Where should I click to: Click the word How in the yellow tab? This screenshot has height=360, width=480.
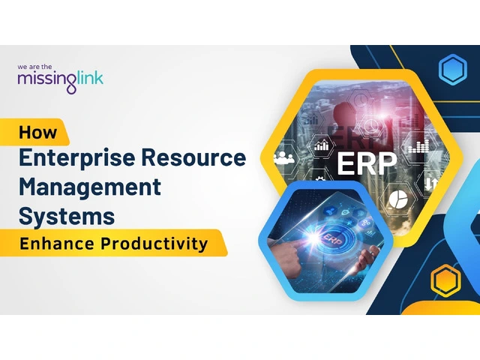pos(38,132)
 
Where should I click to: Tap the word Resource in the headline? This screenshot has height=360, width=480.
pos(193,157)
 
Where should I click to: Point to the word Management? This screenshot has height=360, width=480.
pos(90,187)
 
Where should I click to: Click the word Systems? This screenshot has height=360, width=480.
pos(67,216)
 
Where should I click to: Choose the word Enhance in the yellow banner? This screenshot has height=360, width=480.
pos(57,244)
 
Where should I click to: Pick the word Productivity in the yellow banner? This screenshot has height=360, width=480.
pos(154,244)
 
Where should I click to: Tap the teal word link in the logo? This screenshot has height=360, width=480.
pos(90,78)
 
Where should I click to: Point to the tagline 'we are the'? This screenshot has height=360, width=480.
pos(34,67)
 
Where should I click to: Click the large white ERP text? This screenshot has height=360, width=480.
pos(367,163)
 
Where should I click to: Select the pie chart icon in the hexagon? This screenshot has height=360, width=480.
pos(398,199)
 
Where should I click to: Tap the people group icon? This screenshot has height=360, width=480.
pos(283,157)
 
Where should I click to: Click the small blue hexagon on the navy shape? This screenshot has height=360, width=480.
pos(453,69)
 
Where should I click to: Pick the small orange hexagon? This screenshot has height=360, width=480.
pos(445,280)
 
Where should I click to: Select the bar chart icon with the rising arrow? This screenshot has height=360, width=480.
pos(322,145)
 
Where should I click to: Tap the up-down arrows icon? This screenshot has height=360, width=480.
pos(431,183)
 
